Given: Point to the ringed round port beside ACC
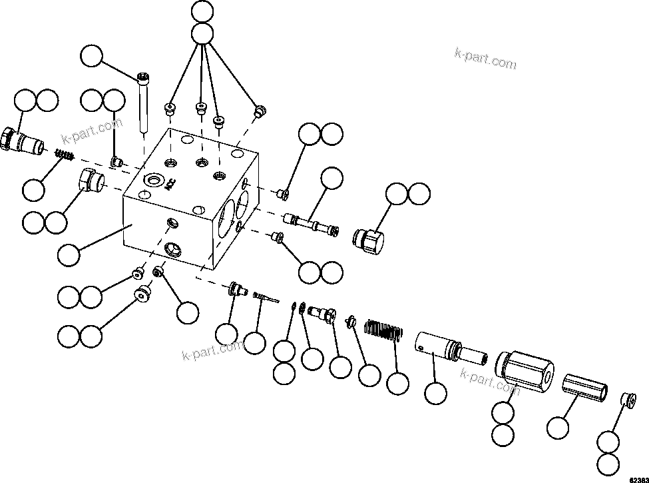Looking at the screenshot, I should coord(153,180).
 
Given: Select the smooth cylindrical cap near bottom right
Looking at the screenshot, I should coord(584,388).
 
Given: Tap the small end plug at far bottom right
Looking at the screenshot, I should coord(626,400).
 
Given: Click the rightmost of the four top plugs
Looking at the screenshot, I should coord(260,111).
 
